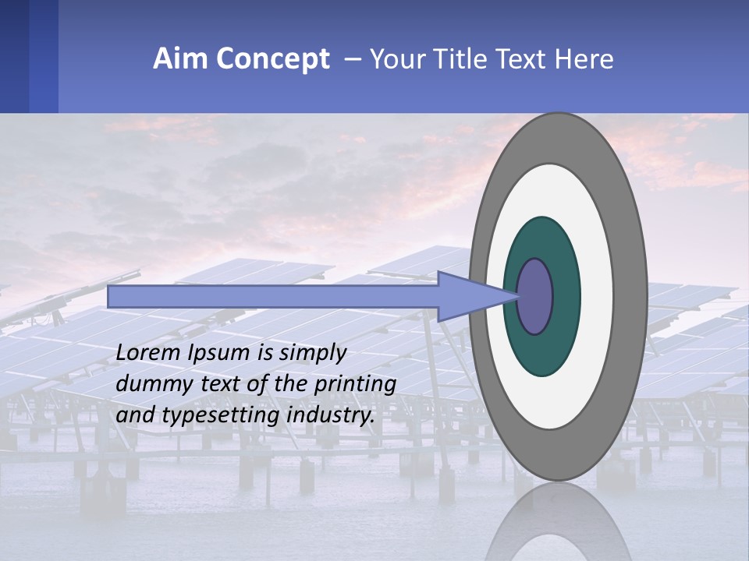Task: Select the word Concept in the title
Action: [272, 59]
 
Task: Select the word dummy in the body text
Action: [148, 384]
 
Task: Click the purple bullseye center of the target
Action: [535, 297]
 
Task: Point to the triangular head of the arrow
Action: [468, 297]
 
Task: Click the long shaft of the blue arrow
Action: [273, 297]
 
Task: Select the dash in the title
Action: [353, 59]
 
